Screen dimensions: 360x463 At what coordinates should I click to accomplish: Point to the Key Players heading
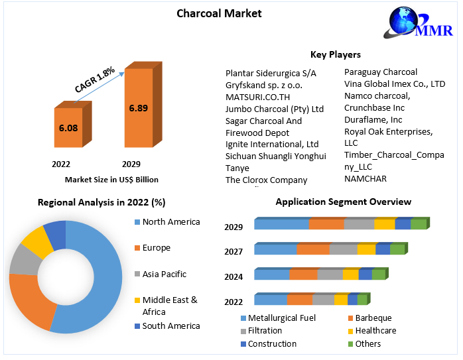point(335,54)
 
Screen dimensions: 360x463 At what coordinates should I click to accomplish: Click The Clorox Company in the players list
point(266,180)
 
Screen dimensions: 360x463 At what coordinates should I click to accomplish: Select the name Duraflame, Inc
point(373,119)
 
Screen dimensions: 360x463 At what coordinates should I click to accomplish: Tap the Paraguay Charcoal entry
point(380,72)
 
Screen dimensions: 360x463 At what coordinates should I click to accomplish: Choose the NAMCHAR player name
point(365,178)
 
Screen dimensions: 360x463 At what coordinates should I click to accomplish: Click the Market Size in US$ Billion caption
point(111,179)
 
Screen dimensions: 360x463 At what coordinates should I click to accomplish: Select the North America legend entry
point(170,222)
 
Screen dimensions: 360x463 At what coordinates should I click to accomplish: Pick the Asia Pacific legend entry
point(164,274)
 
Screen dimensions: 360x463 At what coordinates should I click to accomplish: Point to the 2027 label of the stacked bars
point(233,252)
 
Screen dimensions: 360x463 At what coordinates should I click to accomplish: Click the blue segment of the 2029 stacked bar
point(281,224)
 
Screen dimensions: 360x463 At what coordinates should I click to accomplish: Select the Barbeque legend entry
point(373,318)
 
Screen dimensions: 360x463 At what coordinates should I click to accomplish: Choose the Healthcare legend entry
point(375,330)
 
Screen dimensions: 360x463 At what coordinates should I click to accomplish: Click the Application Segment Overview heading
point(343,202)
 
